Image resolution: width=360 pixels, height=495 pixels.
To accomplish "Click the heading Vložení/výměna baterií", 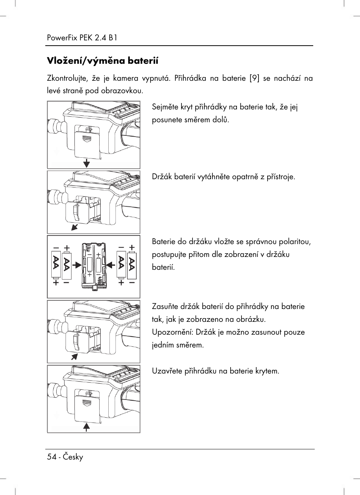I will pyautogui.click(x=103, y=61).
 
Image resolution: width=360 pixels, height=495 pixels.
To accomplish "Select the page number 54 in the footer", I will pyautogui.click(x=51, y=457).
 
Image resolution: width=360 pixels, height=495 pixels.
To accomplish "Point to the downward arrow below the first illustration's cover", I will pyautogui.click(x=86, y=163).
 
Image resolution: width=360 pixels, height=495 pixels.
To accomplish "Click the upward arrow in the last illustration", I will pyautogui.click(x=86, y=427).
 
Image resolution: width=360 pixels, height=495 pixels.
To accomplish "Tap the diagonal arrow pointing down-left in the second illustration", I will pyautogui.click(x=75, y=226).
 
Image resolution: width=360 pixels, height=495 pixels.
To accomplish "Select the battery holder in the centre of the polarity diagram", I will pyautogui.click(x=94, y=266).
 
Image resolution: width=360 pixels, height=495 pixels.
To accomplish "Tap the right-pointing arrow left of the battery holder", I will pyautogui.click(x=77, y=265).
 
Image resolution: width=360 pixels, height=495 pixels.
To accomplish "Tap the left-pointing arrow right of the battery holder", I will pyautogui.click(x=111, y=265).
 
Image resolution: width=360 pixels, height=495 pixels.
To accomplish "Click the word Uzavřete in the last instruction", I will pyautogui.click(x=166, y=371).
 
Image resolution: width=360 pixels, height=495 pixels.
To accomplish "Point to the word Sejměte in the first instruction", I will pyautogui.click(x=165, y=107).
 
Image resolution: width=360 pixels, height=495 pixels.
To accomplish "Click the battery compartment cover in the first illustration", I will pyautogui.click(x=87, y=142).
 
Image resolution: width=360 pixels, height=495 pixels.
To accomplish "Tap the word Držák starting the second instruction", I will pyautogui.click(x=162, y=177).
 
